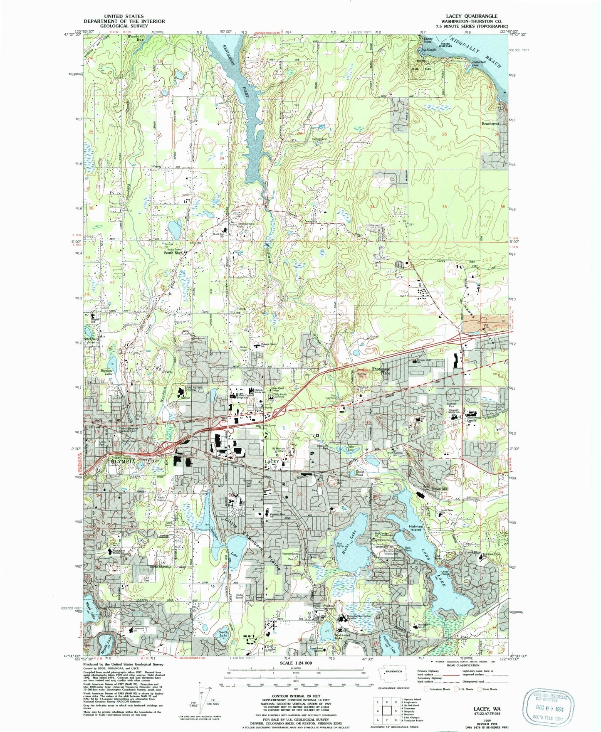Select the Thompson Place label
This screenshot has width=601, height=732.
381,371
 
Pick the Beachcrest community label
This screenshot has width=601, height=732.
490,123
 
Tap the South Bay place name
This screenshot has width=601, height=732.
173,252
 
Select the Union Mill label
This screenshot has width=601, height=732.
437,489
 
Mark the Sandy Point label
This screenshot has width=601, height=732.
427,41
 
